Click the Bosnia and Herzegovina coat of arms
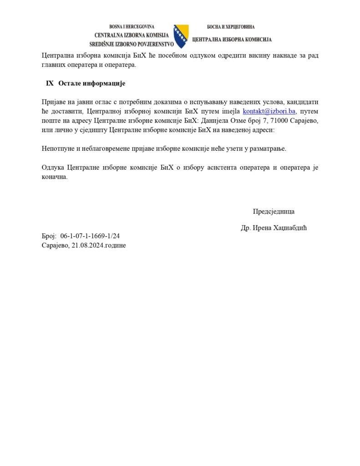(x=181, y=36)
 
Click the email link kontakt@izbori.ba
(x=269, y=111)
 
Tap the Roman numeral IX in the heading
(x=50, y=84)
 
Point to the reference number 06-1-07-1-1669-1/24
(x=90, y=236)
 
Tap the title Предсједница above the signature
(x=274, y=211)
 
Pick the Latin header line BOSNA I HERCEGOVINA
(x=132, y=27)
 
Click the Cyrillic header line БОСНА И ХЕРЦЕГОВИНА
(x=231, y=27)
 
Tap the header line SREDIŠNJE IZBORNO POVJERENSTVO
(x=132, y=44)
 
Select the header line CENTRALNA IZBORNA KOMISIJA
(x=132, y=35)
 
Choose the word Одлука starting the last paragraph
(x=52, y=167)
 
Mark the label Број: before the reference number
(x=48, y=236)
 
